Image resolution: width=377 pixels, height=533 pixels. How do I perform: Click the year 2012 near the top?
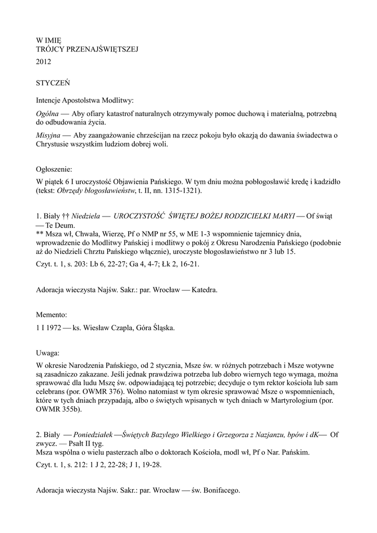click(43, 62)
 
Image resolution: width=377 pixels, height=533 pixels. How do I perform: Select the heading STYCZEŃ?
click(53, 82)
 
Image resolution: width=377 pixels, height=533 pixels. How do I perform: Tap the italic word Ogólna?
click(47, 113)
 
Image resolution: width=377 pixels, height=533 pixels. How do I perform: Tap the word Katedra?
click(205, 290)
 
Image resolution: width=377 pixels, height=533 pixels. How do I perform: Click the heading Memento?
click(52, 315)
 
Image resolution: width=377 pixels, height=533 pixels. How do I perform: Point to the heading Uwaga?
click(48, 352)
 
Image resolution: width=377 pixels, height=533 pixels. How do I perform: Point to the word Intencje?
click(50, 100)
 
